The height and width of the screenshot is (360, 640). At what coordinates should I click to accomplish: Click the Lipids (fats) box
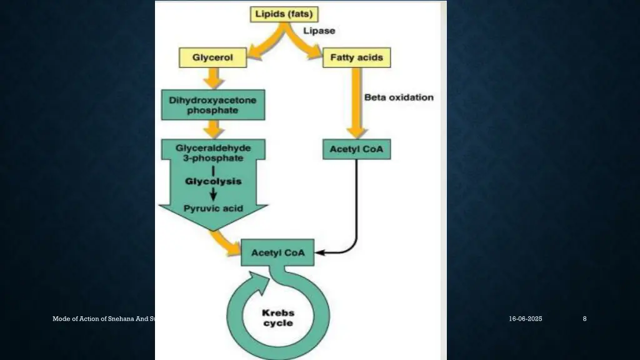tap(284, 14)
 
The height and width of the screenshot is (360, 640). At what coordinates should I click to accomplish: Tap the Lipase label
tap(319, 31)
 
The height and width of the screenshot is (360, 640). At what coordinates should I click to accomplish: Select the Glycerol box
tap(212, 57)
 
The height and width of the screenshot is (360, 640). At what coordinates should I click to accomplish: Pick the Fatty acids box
tap(357, 57)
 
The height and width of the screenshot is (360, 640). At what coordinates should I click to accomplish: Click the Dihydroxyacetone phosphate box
tap(213, 105)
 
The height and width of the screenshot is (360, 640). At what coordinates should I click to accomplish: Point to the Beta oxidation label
tap(399, 97)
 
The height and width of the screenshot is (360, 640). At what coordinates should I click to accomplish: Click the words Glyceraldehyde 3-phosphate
tap(213, 153)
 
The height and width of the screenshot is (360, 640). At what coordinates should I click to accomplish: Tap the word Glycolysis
tap(214, 181)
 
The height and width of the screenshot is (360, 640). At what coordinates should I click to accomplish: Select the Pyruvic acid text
tap(213, 209)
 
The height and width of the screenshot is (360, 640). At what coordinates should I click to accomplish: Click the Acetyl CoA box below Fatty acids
tap(357, 149)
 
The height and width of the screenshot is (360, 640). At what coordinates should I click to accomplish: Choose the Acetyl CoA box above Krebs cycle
tap(277, 252)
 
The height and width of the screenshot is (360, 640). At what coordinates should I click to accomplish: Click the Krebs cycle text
tap(278, 318)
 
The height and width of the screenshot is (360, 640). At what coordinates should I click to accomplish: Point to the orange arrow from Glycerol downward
tap(213, 78)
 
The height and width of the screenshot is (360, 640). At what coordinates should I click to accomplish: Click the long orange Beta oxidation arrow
tap(356, 103)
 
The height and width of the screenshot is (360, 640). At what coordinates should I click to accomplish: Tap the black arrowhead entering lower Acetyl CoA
tap(319, 252)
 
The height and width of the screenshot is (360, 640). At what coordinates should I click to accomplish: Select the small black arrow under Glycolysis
tap(213, 194)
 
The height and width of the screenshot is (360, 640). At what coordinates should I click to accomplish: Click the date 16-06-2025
tap(525, 319)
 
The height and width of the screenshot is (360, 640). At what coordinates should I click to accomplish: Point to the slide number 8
tap(584, 319)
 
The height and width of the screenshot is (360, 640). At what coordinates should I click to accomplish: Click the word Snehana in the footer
tap(121, 319)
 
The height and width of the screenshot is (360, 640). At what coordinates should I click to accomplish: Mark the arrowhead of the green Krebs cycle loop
tap(261, 282)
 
